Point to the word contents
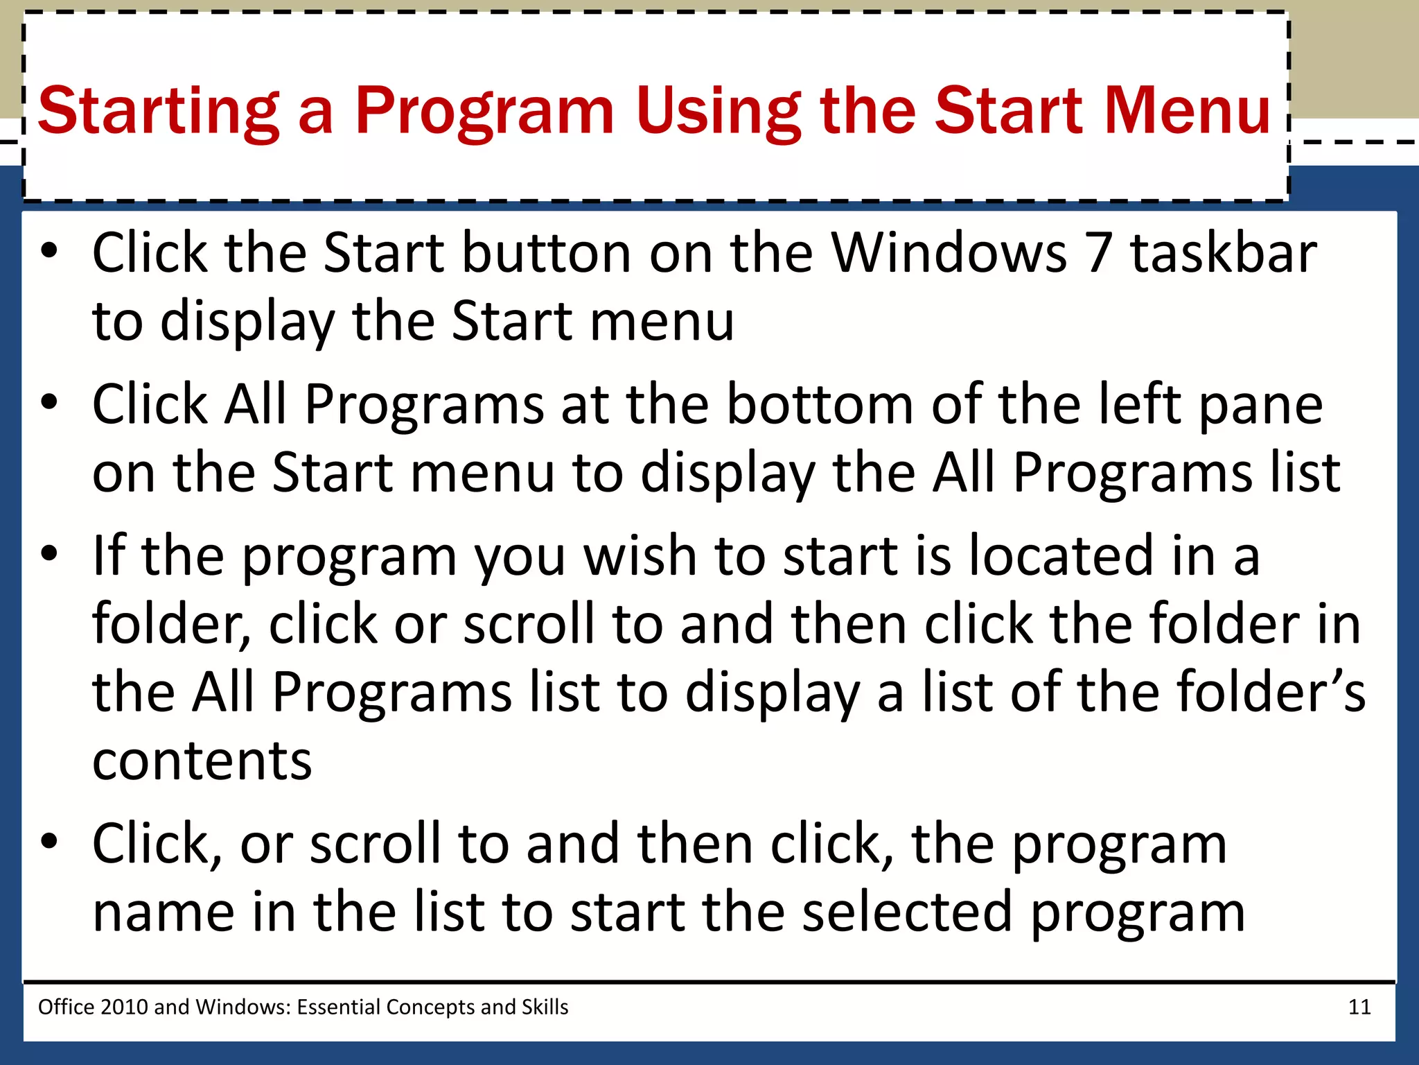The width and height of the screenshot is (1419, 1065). click(202, 761)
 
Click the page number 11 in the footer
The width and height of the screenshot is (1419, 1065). click(1359, 1007)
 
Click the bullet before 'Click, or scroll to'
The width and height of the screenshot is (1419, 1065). click(49, 842)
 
